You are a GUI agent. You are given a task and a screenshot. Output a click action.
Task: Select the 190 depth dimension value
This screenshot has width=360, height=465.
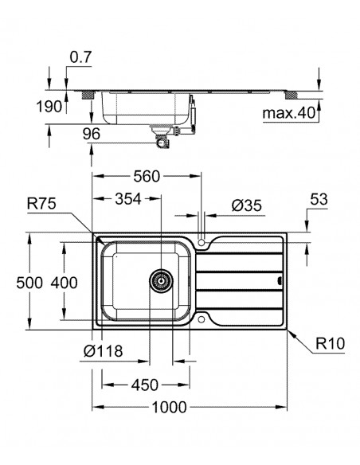[x=49, y=106]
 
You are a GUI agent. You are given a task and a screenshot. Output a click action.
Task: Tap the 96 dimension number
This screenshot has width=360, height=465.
[x=92, y=135]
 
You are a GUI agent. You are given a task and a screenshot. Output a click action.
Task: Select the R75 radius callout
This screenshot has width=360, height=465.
[x=41, y=204]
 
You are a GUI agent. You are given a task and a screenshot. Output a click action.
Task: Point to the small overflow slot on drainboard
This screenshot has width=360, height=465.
[x=279, y=280]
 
